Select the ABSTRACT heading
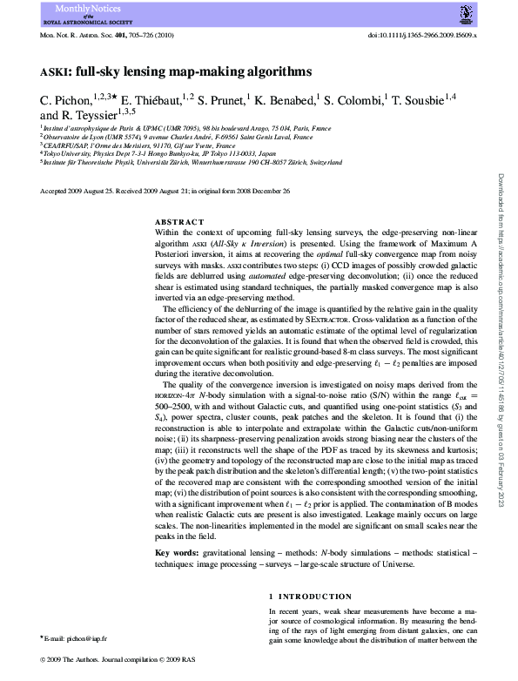(x=179, y=222)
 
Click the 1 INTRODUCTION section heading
(x=310, y=597)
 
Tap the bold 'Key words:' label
(x=175, y=553)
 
